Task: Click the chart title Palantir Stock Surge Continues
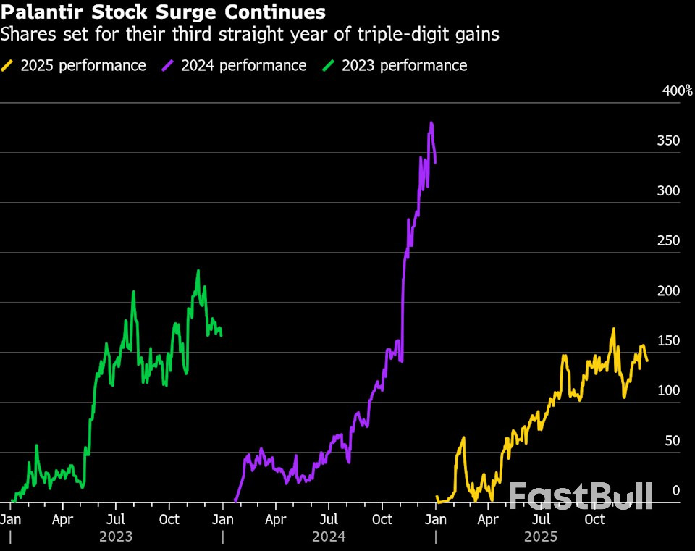pos(163,12)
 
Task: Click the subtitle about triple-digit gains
pos(250,34)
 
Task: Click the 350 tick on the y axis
pos(667,141)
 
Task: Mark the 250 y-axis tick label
pos(667,241)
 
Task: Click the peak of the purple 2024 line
pos(431,123)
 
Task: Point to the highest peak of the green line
pos(198,272)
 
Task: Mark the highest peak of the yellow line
pos(613,329)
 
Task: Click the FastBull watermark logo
pos(581,496)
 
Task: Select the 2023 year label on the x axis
pos(116,537)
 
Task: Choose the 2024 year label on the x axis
pos(329,537)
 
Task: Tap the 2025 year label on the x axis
pos(541,537)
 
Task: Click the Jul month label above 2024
pos(329,519)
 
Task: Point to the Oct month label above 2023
pos(169,519)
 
